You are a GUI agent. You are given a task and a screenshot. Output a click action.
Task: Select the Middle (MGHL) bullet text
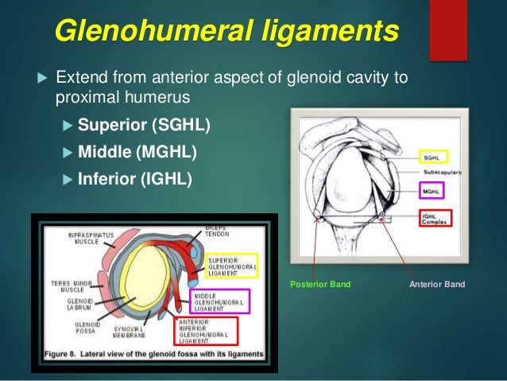point(137,152)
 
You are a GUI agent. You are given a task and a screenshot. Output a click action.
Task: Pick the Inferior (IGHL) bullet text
point(135,178)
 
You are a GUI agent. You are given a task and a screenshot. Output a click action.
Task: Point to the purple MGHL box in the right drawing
point(432,190)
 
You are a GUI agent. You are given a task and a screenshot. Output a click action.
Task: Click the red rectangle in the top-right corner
point(447,29)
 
